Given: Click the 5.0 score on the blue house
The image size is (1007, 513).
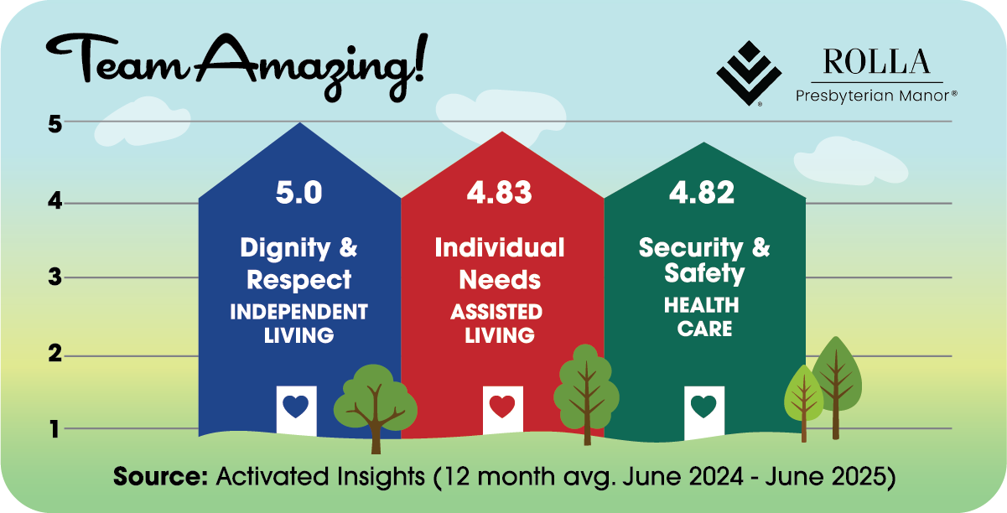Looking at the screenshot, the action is (x=299, y=193).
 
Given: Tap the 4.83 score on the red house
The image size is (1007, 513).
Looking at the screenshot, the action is (x=500, y=193).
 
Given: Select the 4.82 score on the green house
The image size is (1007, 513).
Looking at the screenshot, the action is (x=702, y=193).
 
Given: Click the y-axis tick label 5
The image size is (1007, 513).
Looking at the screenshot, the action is (x=55, y=124).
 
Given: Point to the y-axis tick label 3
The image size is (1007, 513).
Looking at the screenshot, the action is (x=55, y=277).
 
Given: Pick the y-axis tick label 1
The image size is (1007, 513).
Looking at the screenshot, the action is (x=55, y=429).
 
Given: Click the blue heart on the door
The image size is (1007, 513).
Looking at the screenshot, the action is (x=296, y=406).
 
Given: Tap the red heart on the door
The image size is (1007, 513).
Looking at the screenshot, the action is (x=502, y=406).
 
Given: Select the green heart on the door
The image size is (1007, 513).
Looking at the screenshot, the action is (x=703, y=406).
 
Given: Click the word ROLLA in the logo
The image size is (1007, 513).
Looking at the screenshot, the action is (x=877, y=61).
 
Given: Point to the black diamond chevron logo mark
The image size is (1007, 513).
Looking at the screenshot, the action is (x=749, y=73).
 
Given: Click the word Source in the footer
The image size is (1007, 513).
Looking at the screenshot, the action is (x=160, y=476).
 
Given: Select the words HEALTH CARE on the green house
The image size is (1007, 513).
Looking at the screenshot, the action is (x=702, y=317).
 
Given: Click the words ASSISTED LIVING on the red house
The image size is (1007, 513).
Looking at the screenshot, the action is (x=498, y=324).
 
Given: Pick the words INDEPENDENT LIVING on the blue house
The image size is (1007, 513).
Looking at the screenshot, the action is (x=299, y=324).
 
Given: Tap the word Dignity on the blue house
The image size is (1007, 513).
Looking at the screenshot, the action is (x=285, y=248).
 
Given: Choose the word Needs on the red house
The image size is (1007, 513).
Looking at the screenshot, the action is (x=500, y=280).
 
